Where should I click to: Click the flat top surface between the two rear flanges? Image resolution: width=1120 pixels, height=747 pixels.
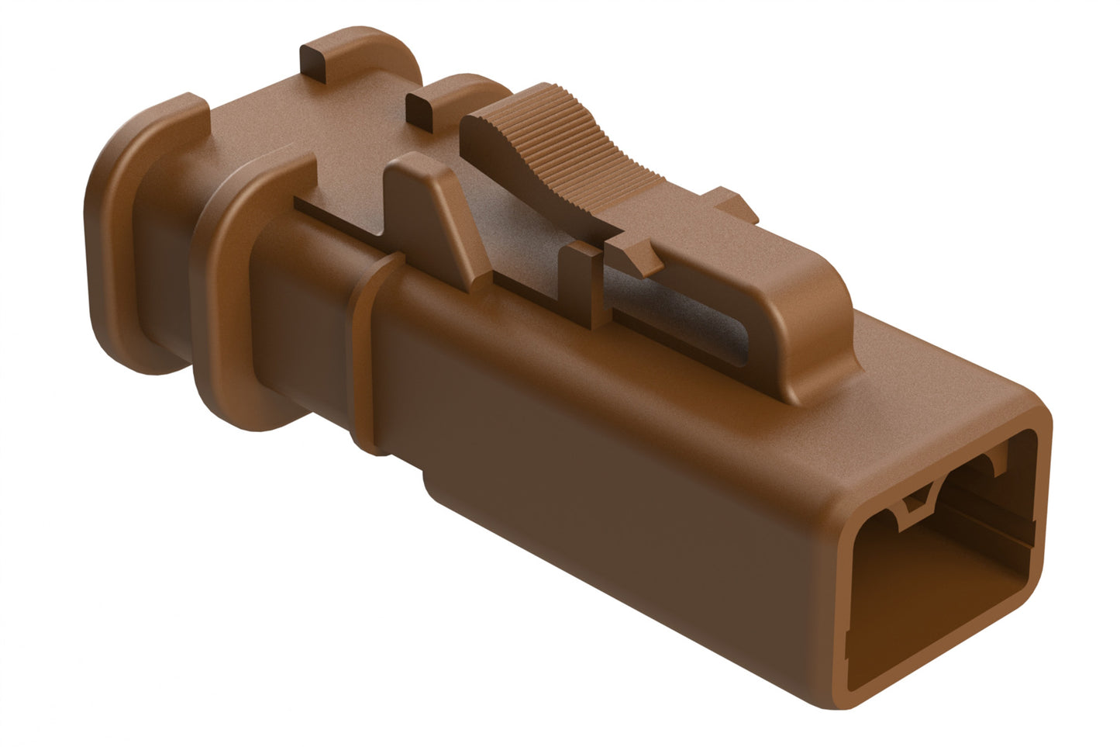256,124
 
